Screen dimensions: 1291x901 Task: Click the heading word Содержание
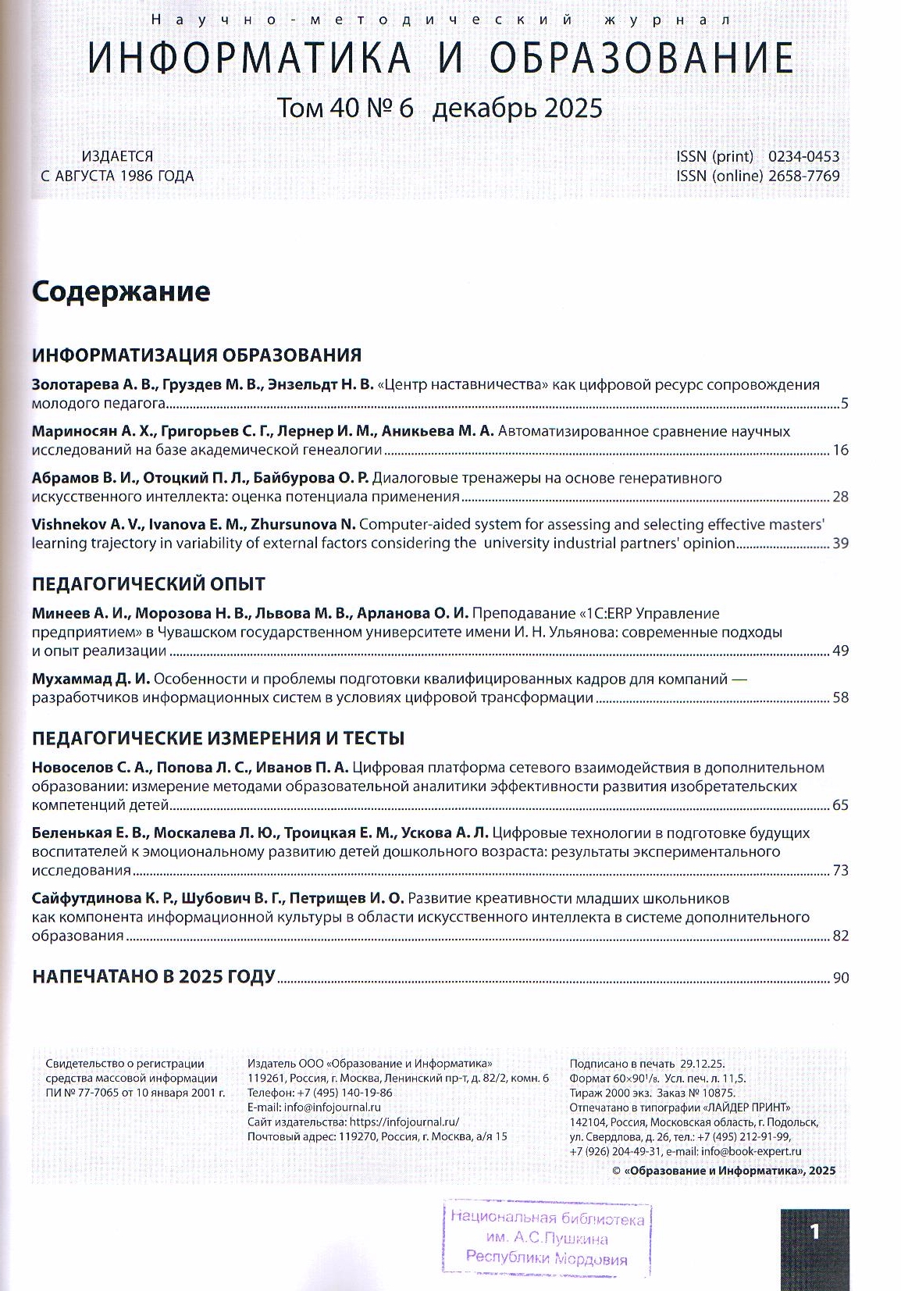pyautogui.click(x=121, y=292)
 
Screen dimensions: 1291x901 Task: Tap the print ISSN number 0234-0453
pyautogui.click(x=803, y=156)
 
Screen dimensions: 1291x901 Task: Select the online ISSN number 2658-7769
pyautogui.click(x=803, y=177)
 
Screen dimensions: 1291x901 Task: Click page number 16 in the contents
pyautogui.click(x=840, y=451)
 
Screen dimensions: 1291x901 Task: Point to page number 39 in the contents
pyautogui.click(x=840, y=544)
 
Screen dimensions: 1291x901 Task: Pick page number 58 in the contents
pyautogui.click(x=840, y=698)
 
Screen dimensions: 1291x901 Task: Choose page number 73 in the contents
pyautogui.click(x=840, y=871)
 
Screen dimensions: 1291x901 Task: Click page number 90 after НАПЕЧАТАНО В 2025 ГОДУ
pyautogui.click(x=840, y=978)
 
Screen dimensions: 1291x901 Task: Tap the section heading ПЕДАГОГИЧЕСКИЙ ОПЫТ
pyautogui.click(x=148, y=584)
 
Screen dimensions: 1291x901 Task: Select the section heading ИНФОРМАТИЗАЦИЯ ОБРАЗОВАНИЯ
pyautogui.click(x=197, y=355)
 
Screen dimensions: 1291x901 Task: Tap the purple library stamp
pyautogui.click(x=547, y=1238)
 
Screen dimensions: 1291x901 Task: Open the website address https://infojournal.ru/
pyautogui.click(x=404, y=1122)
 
